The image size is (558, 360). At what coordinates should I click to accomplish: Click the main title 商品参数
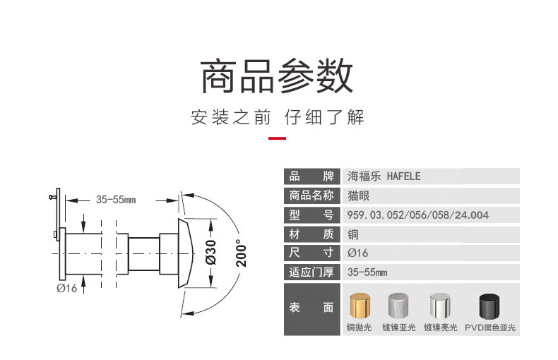(x=278, y=76)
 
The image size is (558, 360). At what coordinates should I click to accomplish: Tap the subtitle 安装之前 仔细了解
(x=278, y=117)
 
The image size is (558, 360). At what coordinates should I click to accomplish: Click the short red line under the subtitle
(x=278, y=138)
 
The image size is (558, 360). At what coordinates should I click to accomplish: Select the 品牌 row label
(x=311, y=176)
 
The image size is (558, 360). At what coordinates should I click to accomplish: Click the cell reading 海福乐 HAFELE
(x=384, y=176)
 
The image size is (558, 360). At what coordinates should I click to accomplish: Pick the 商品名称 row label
(x=311, y=196)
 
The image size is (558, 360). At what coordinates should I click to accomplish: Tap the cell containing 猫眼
(x=360, y=196)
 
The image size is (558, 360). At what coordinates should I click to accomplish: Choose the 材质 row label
(x=311, y=234)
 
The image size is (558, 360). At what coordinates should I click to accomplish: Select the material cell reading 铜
(x=353, y=234)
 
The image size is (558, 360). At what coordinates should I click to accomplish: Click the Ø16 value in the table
(x=358, y=253)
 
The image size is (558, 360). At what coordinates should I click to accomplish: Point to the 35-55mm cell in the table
(x=367, y=272)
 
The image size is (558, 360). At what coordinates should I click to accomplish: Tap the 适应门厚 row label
(x=311, y=272)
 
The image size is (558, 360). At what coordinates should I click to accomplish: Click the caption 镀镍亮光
(x=441, y=328)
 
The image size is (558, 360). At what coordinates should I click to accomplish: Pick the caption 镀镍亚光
(x=400, y=328)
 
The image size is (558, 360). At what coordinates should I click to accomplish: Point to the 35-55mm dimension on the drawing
(x=116, y=200)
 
